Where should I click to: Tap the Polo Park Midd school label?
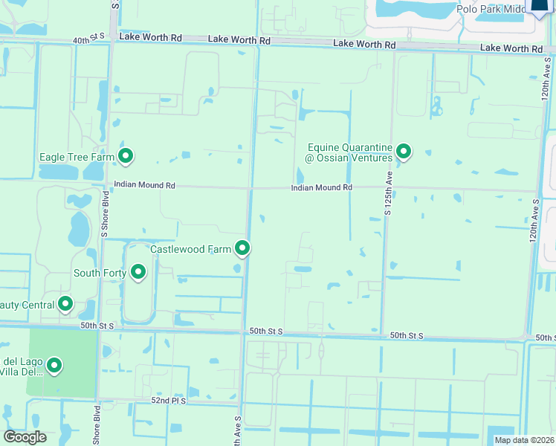tap(491, 8)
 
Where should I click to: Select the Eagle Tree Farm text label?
tap(77, 157)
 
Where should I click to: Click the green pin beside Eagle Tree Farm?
tap(126, 155)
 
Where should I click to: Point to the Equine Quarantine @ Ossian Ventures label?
tap(349, 152)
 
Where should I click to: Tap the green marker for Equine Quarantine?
tap(404, 152)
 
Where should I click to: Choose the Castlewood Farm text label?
tap(191, 249)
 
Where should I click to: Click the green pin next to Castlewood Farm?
tap(242, 248)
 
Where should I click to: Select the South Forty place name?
tap(100, 273)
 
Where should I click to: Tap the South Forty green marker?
tap(138, 272)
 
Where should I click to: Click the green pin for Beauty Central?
tap(65, 303)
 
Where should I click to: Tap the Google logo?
tap(25, 437)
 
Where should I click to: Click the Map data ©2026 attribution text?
tap(523, 440)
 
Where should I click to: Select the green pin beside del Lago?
tap(54, 365)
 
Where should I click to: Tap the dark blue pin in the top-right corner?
tap(540, 6)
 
